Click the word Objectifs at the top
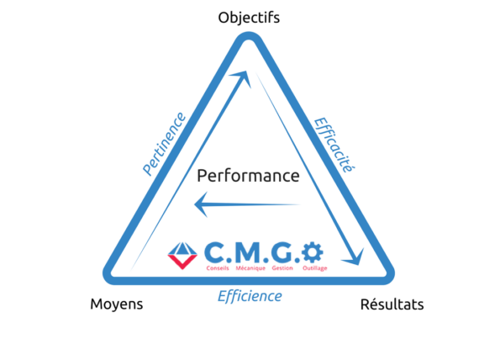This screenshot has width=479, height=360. click(249, 17)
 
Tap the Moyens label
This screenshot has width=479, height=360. click(116, 304)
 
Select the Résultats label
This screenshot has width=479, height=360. click(392, 304)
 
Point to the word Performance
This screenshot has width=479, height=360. click(248, 177)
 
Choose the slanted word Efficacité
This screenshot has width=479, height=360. click(332, 144)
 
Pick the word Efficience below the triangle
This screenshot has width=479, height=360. click(250, 296)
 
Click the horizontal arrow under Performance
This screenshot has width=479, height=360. click(248, 204)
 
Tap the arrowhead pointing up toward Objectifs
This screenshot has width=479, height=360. click(245, 78)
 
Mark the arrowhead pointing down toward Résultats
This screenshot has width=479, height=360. click(355, 255)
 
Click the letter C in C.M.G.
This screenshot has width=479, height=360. click(214, 251)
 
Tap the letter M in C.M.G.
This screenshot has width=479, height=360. click(250, 251)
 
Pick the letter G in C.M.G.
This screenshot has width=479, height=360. click(284, 251)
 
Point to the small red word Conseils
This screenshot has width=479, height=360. click(218, 267)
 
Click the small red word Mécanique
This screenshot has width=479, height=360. click(250, 267)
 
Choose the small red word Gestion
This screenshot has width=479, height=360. click(283, 267)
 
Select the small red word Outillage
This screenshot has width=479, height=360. click(315, 267)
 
